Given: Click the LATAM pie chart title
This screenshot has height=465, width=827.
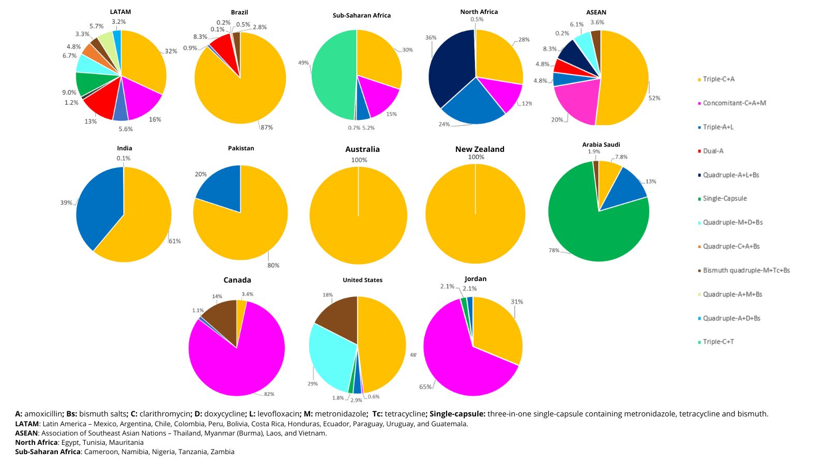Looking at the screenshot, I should (120, 12).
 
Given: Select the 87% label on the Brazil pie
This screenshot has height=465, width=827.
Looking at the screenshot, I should (267, 127).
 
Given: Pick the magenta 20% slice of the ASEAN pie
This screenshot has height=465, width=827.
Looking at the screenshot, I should (576, 103).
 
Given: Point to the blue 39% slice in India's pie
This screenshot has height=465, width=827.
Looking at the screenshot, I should (98, 207).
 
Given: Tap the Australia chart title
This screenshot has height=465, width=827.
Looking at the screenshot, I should (362, 149).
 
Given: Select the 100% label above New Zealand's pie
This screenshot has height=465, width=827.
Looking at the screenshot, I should (476, 157).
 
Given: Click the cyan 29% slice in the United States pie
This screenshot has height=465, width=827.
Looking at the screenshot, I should (331, 357).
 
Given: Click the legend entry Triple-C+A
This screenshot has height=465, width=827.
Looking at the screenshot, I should (718, 79).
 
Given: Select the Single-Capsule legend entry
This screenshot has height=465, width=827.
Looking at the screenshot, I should (725, 198).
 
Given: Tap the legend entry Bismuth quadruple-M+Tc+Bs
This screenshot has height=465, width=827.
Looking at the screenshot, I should (746, 270).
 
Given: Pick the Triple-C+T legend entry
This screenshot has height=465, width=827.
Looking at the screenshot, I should (718, 342).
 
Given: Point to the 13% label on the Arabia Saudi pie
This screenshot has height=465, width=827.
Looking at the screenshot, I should (651, 181).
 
